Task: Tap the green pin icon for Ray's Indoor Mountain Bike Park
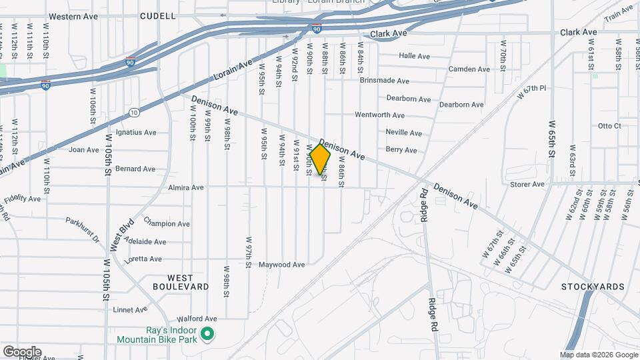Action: pyautogui.click(x=207, y=334)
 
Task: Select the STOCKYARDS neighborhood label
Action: pyautogui.click(x=593, y=287)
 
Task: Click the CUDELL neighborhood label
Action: pyautogui.click(x=158, y=15)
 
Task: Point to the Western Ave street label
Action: pyautogui.click(x=74, y=16)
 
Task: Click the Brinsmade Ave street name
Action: pyautogui.click(x=384, y=81)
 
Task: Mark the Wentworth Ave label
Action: pyautogui.click(x=379, y=115)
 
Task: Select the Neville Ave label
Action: pyautogui.click(x=403, y=133)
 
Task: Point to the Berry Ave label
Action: pyautogui.click(x=401, y=150)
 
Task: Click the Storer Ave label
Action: pyautogui.click(x=527, y=184)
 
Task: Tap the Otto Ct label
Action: pyautogui.click(x=609, y=125)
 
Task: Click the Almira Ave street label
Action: pyautogui.click(x=186, y=187)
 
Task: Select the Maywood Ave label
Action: pyautogui.click(x=282, y=265)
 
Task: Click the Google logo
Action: pyautogui.click(x=22, y=352)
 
